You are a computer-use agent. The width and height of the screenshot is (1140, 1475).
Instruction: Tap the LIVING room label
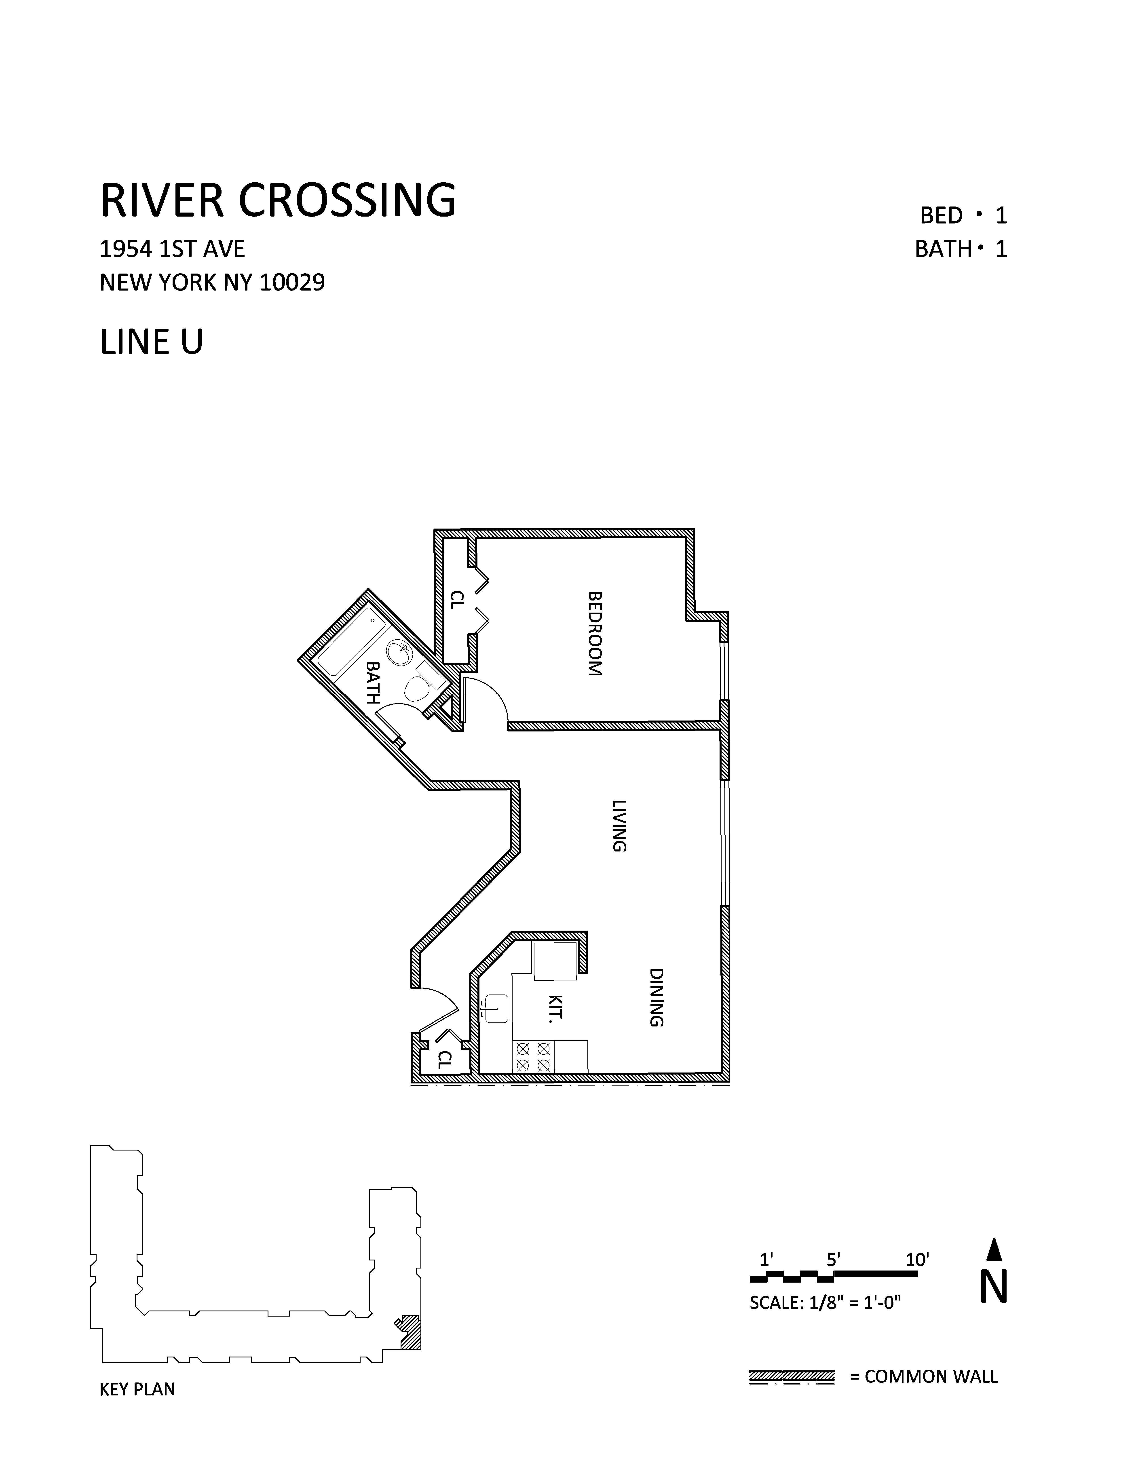(619, 825)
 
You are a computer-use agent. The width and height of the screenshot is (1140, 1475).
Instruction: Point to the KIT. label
(555, 1008)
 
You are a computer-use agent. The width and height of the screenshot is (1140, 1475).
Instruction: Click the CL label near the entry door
(444, 1059)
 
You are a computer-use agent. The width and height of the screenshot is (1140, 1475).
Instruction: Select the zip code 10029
(292, 282)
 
